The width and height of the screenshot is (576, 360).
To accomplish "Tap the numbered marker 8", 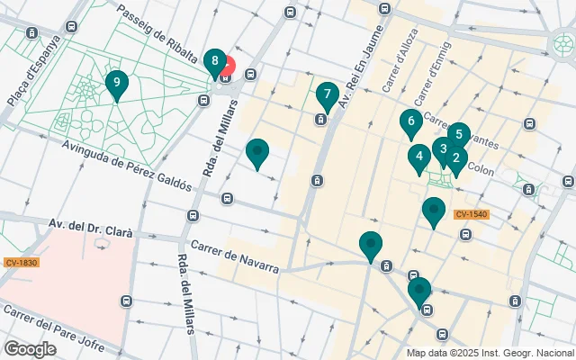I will click(214, 62).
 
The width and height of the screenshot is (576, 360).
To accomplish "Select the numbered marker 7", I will click(327, 94).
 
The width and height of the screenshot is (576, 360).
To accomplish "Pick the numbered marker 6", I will click(410, 121).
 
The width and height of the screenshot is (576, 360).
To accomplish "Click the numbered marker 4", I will click(418, 158).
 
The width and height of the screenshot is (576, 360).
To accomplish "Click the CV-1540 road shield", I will click(471, 214).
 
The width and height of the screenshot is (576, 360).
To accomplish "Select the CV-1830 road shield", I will click(22, 262).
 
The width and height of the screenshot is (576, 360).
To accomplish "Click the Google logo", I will click(30, 349).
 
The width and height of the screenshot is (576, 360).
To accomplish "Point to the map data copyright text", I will click(490, 353).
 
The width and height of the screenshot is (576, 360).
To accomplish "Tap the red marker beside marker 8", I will click(227, 66).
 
